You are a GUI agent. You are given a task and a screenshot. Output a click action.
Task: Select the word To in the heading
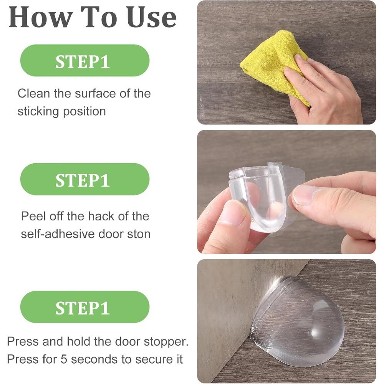pyautogui.click(x=99, y=17)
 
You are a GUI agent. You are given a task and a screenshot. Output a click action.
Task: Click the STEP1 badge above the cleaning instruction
pyautogui.click(x=85, y=61)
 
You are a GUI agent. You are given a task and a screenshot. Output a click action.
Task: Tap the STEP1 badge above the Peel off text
pyautogui.click(x=85, y=179)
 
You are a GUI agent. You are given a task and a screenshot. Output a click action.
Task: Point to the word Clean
pyautogui.click(x=33, y=94)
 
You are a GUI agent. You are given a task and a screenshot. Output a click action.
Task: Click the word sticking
pyautogui.click(x=38, y=112)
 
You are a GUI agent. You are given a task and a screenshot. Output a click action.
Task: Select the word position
pyautogui.click(x=84, y=112)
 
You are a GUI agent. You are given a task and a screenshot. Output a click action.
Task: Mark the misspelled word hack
pyautogui.click(x=101, y=216)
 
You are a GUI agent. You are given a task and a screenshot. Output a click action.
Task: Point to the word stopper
pyautogui.click(x=166, y=342)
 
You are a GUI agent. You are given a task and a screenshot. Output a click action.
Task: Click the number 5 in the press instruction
pyautogui.click(x=64, y=359)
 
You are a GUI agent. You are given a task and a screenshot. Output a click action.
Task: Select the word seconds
pyautogui.click(x=94, y=359)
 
